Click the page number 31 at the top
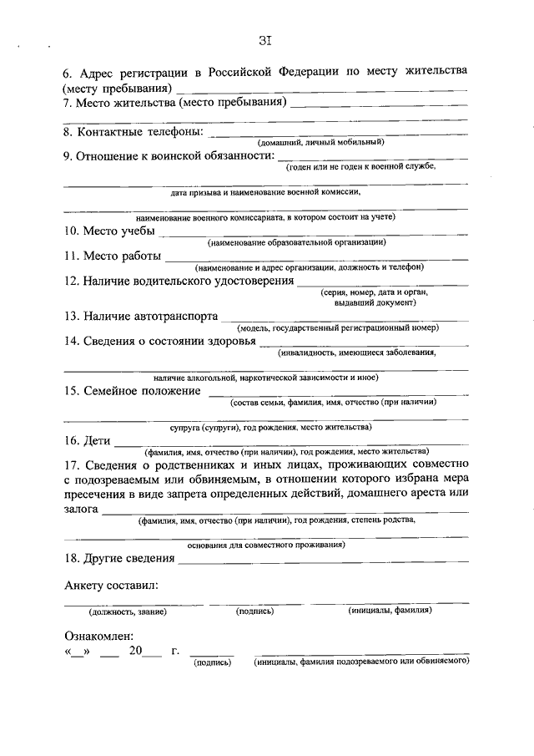[266, 39]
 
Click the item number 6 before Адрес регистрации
[67, 72]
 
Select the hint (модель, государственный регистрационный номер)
[337, 327]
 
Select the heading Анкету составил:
[110, 586]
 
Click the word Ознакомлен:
[98, 637]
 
